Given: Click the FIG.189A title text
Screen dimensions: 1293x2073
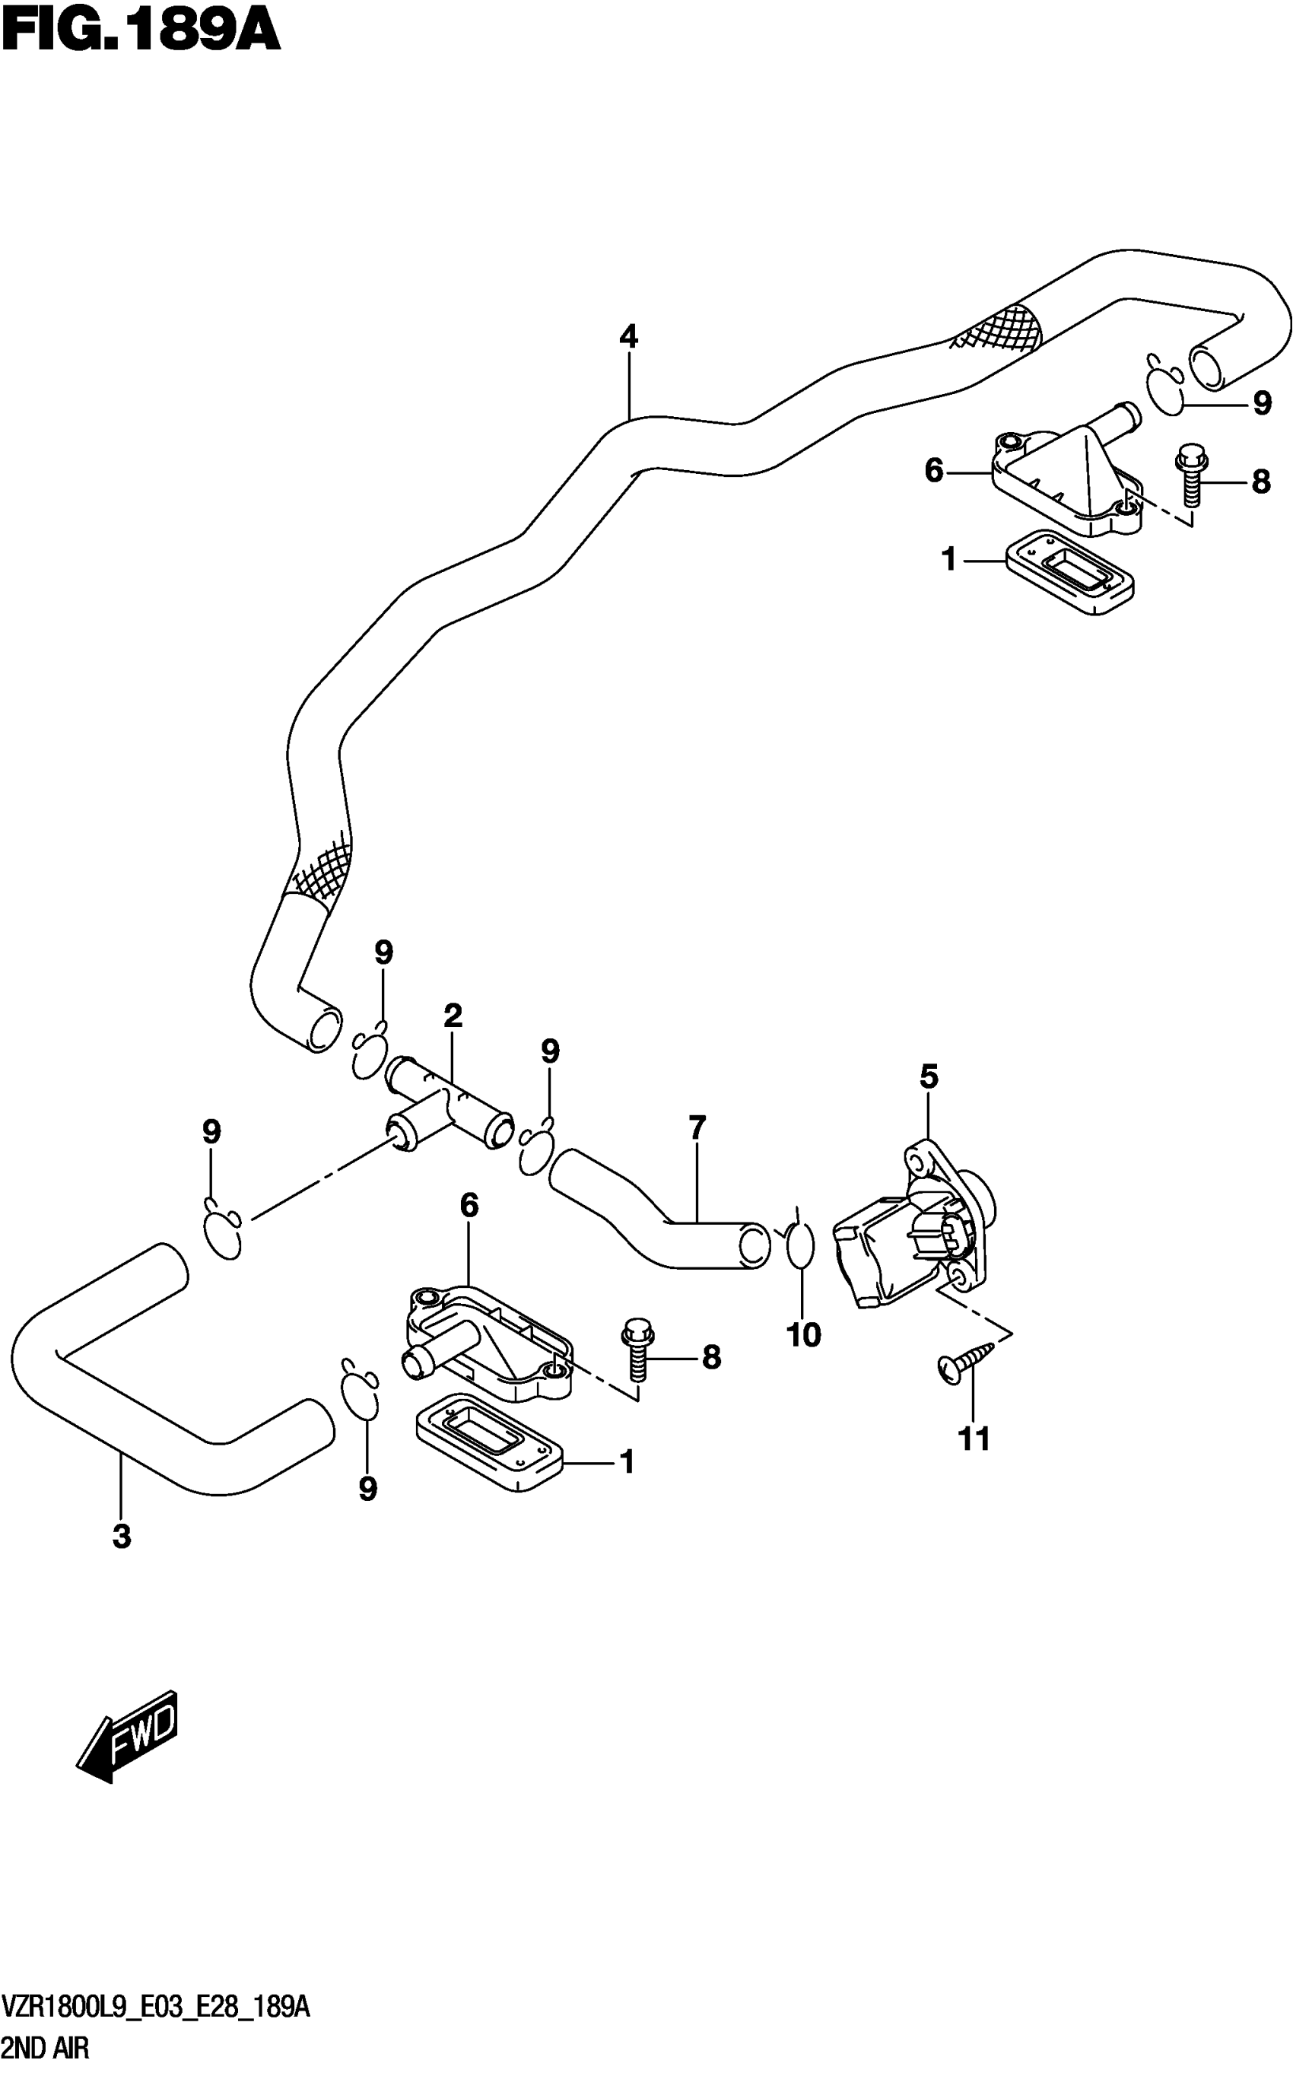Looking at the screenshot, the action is pyautogui.click(x=141, y=32).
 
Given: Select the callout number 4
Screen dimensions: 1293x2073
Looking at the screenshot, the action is pyautogui.click(x=628, y=337).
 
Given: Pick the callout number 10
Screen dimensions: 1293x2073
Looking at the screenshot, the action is pyautogui.click(x=803, y=1334).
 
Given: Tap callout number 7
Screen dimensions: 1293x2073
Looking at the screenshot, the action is pyautogui.click(x=697, y=1128).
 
